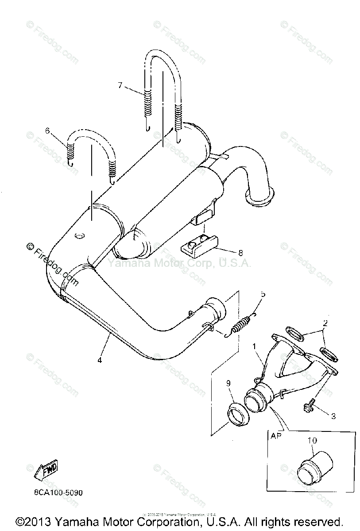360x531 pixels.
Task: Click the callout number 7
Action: pyautogui.click(x=120, y=85)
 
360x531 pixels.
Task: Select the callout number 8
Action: pyautogui.click(x=240, y=253)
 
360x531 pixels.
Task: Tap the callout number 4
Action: pyautogui.click(x=100, y=360)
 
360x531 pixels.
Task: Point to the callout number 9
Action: pyautogui.click(x=228, y=384)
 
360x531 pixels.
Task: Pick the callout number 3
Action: pyautogui.click(x=333, y=416)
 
